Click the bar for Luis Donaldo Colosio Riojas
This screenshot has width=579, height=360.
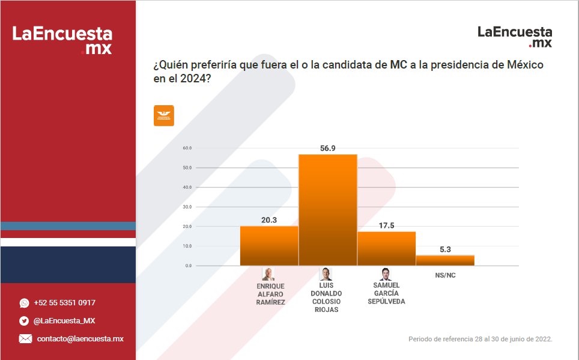coord(328,210)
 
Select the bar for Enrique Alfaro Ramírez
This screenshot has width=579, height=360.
coord(269,246)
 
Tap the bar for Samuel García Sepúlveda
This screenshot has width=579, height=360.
coord(386,248)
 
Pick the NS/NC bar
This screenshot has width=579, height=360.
coord(445,260)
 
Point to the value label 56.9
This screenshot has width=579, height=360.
coord(328,148)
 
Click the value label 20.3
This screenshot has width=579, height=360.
coord(269,220)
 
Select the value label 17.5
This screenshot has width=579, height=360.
coord(386,225)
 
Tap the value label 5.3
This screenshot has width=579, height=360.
coord(445,249)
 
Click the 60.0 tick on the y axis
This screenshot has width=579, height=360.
coord(187,148)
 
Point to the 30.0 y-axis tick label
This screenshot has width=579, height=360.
coord(187,207)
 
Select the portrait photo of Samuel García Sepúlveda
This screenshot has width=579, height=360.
coord(386,274)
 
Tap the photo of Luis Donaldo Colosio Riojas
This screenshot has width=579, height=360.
coord(326,274)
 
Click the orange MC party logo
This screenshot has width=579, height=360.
coord(164,115)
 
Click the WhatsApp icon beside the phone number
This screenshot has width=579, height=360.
coord(24,303)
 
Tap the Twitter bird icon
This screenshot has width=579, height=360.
coord(24,321)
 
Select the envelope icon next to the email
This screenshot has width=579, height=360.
coord(25,339)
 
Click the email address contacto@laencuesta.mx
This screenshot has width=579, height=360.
coord(80,339)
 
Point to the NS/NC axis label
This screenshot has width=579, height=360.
coord(444,276)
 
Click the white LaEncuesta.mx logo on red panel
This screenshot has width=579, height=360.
coord(62,40)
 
